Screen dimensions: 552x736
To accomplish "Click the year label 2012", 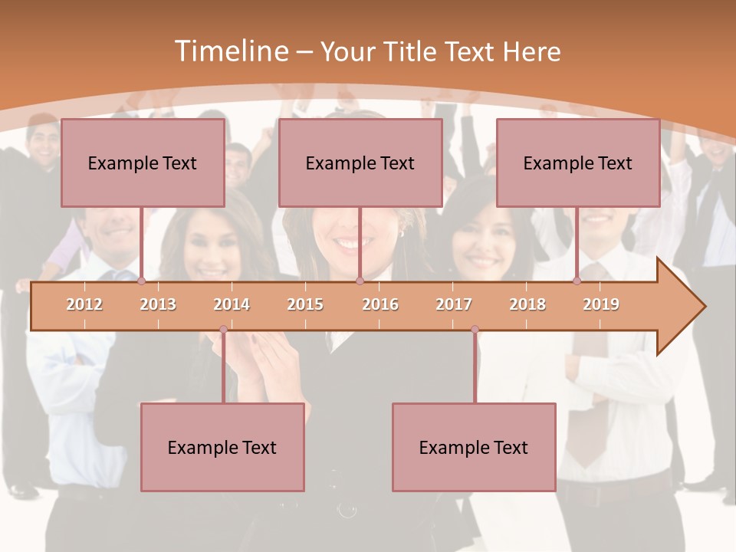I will coord(84,304).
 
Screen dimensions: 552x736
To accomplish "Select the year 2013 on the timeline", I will coord(158,304).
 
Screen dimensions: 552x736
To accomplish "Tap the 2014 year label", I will coord(232,304).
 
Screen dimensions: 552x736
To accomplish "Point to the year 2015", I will coord(305,304).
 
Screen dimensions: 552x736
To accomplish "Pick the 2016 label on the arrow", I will coord(380,304).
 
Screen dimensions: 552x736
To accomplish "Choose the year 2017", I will coord(454,304).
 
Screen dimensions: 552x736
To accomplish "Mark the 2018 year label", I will coord(527,304).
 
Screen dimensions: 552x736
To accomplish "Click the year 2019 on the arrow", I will coord(601,304).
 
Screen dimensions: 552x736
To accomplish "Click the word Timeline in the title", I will coord(230,51).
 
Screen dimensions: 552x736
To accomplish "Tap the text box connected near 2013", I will coord(143,163).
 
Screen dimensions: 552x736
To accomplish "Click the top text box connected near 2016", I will coord(360,163).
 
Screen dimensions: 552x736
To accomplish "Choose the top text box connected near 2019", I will coord(578,163).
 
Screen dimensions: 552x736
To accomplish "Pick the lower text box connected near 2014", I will coord(222,447).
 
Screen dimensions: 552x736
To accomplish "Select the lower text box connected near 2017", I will coord(474,447).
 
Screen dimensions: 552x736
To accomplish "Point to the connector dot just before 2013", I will coord(142,281).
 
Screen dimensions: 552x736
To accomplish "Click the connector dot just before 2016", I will coord(360,281).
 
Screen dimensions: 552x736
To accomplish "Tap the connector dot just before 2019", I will coord(577,281).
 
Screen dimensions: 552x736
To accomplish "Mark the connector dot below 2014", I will coord(223,330).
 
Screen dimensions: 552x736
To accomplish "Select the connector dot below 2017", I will coord(475,330).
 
